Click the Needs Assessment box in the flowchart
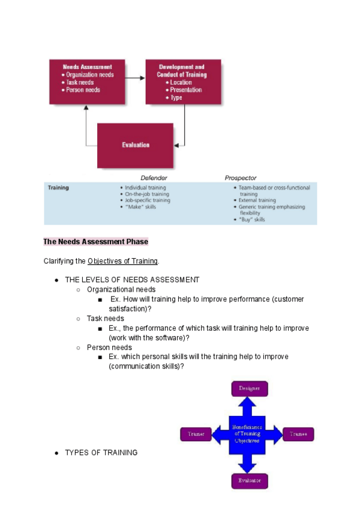tap(87, 81)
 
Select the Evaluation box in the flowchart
tap(135, 145)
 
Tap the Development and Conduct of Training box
tap(183, 81)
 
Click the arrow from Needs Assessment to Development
tap(135, 77)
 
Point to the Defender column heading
tap(154, 178)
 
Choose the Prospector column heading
tap(241, 178)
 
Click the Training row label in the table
tap(58, 188)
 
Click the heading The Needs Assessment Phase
tap(95, 242)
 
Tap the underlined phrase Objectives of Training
tap(122, 261)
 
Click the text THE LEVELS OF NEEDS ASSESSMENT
tap(132, 280)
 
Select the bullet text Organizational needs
tap(121, 289)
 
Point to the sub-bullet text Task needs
tap(106, 318)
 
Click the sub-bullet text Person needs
tap(109, 347)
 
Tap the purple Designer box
tap(249, 388)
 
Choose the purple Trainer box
tap(196, 434)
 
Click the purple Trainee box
tap(298, 434)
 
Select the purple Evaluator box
tap(249, 481)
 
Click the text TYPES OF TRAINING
tap(101, 453)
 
